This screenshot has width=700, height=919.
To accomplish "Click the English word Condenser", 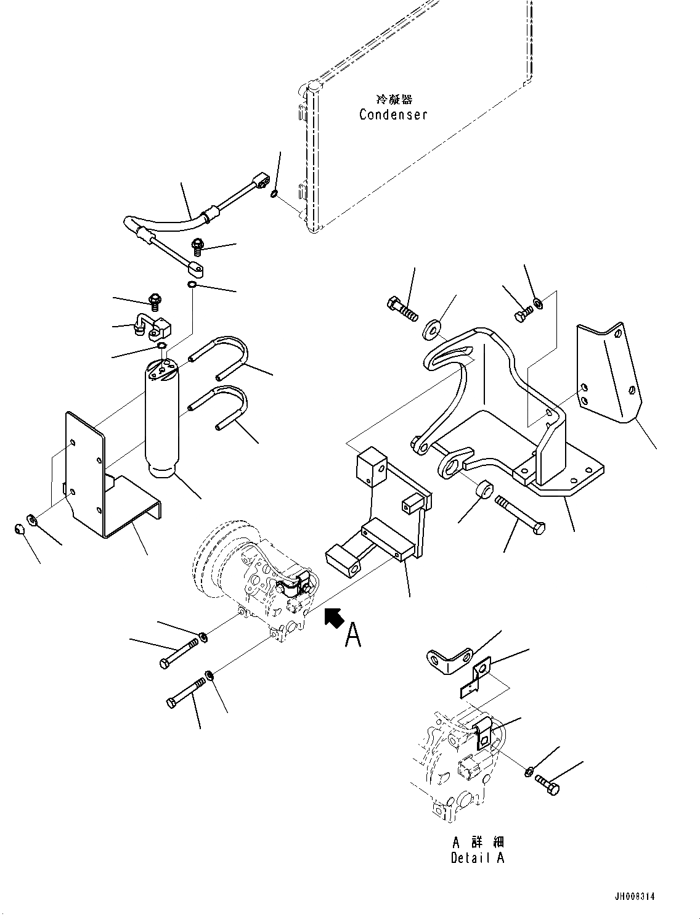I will pyautogui.click(x=393, y=115).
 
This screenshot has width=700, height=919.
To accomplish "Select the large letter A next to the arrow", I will pyautogui.click(x=352, y=635).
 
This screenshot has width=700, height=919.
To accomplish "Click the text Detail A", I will pyautogui.click(x=478, y=857).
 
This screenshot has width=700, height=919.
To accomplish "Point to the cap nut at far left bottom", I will pyautogui.click(x=19, y=529).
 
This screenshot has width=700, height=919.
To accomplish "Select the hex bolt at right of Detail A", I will pyautogui.click(x=547, y=783).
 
